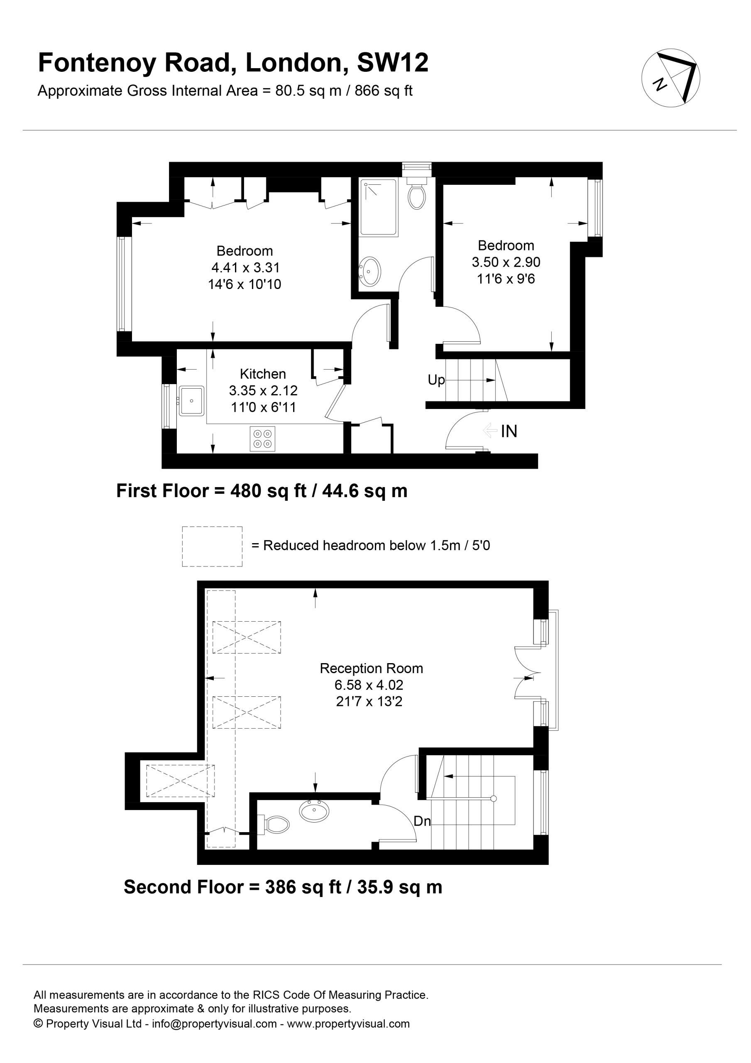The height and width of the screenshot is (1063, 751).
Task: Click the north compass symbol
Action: [670, 78]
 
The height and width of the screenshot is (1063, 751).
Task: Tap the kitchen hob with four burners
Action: [262, 438]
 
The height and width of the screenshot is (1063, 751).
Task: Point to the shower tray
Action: [378, 208]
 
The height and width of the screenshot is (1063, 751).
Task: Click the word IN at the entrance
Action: [509, 431]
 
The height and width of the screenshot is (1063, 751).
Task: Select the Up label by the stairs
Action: [436, 380]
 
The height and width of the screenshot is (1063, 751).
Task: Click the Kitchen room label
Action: [262, 374]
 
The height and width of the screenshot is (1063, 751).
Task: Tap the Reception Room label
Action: [371, 669]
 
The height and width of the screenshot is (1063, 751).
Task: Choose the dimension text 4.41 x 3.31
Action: [245, 267]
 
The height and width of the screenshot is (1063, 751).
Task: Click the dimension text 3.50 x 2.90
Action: [506, 262]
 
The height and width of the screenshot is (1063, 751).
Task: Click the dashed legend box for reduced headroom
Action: [212, 546]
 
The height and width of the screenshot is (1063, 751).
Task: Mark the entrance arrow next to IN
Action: [490, 431]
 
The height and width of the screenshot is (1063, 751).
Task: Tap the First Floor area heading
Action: [262, 491]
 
